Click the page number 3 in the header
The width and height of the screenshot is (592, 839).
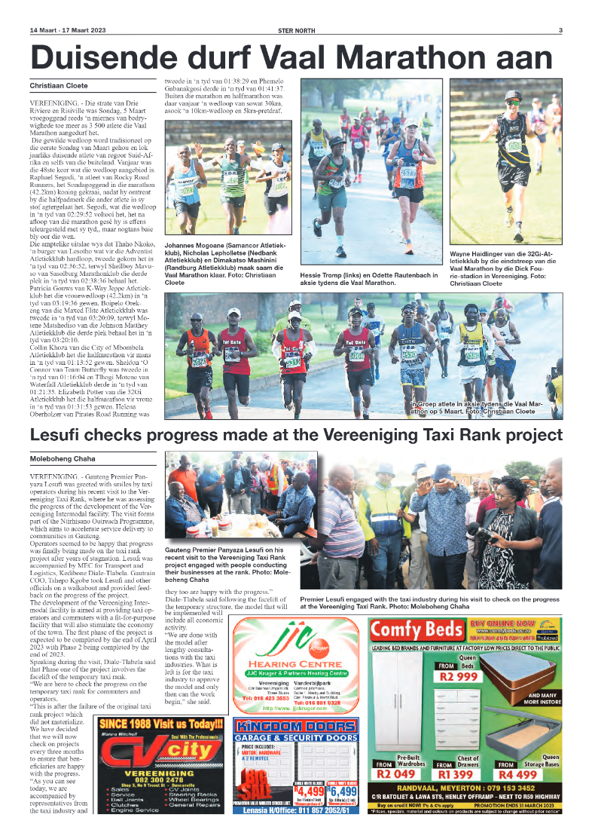[560, 30]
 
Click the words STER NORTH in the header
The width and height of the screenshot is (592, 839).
[295, 30]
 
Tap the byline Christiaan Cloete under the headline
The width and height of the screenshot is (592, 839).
[59, 86]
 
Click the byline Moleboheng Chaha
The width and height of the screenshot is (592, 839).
[63, 458]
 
